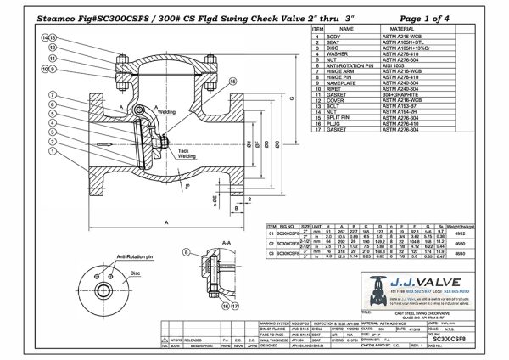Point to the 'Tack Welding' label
click(187, 155)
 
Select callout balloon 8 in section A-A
click(186, 253)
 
